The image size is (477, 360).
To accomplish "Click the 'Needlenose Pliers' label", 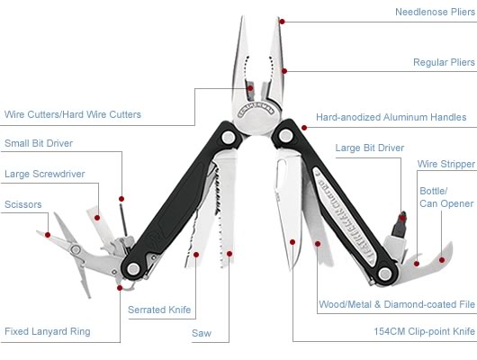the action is point(435,12).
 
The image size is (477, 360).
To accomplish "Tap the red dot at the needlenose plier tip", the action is point(283,22).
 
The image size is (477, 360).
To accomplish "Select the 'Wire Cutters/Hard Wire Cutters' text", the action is point(73,114).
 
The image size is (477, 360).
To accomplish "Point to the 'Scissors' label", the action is point(23,204).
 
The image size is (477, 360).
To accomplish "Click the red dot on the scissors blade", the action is point(48,235).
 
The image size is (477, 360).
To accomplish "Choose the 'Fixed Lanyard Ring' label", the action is point(48,331).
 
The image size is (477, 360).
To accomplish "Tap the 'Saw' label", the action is point(202,333).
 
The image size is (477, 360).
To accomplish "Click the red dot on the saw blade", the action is point(229,254).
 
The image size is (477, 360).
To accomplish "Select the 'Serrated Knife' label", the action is point(159,310).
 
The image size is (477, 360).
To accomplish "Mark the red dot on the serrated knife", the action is point(196,255).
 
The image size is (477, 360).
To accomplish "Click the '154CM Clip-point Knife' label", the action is point(425,331).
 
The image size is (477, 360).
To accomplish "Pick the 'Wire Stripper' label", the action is point(446,164).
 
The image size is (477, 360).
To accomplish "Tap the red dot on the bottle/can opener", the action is point(442,260).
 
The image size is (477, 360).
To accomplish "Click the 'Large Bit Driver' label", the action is point(370,148).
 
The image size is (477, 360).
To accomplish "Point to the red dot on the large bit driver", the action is point(402,218).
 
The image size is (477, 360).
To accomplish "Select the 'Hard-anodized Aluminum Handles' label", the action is point(391,117).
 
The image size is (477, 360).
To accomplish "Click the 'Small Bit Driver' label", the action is point(39,143).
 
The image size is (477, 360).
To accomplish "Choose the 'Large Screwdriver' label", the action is point(45,174).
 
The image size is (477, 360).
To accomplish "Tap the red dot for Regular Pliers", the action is point(284,71).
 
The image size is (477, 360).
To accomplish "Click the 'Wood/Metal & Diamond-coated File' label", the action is point(397,304).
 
